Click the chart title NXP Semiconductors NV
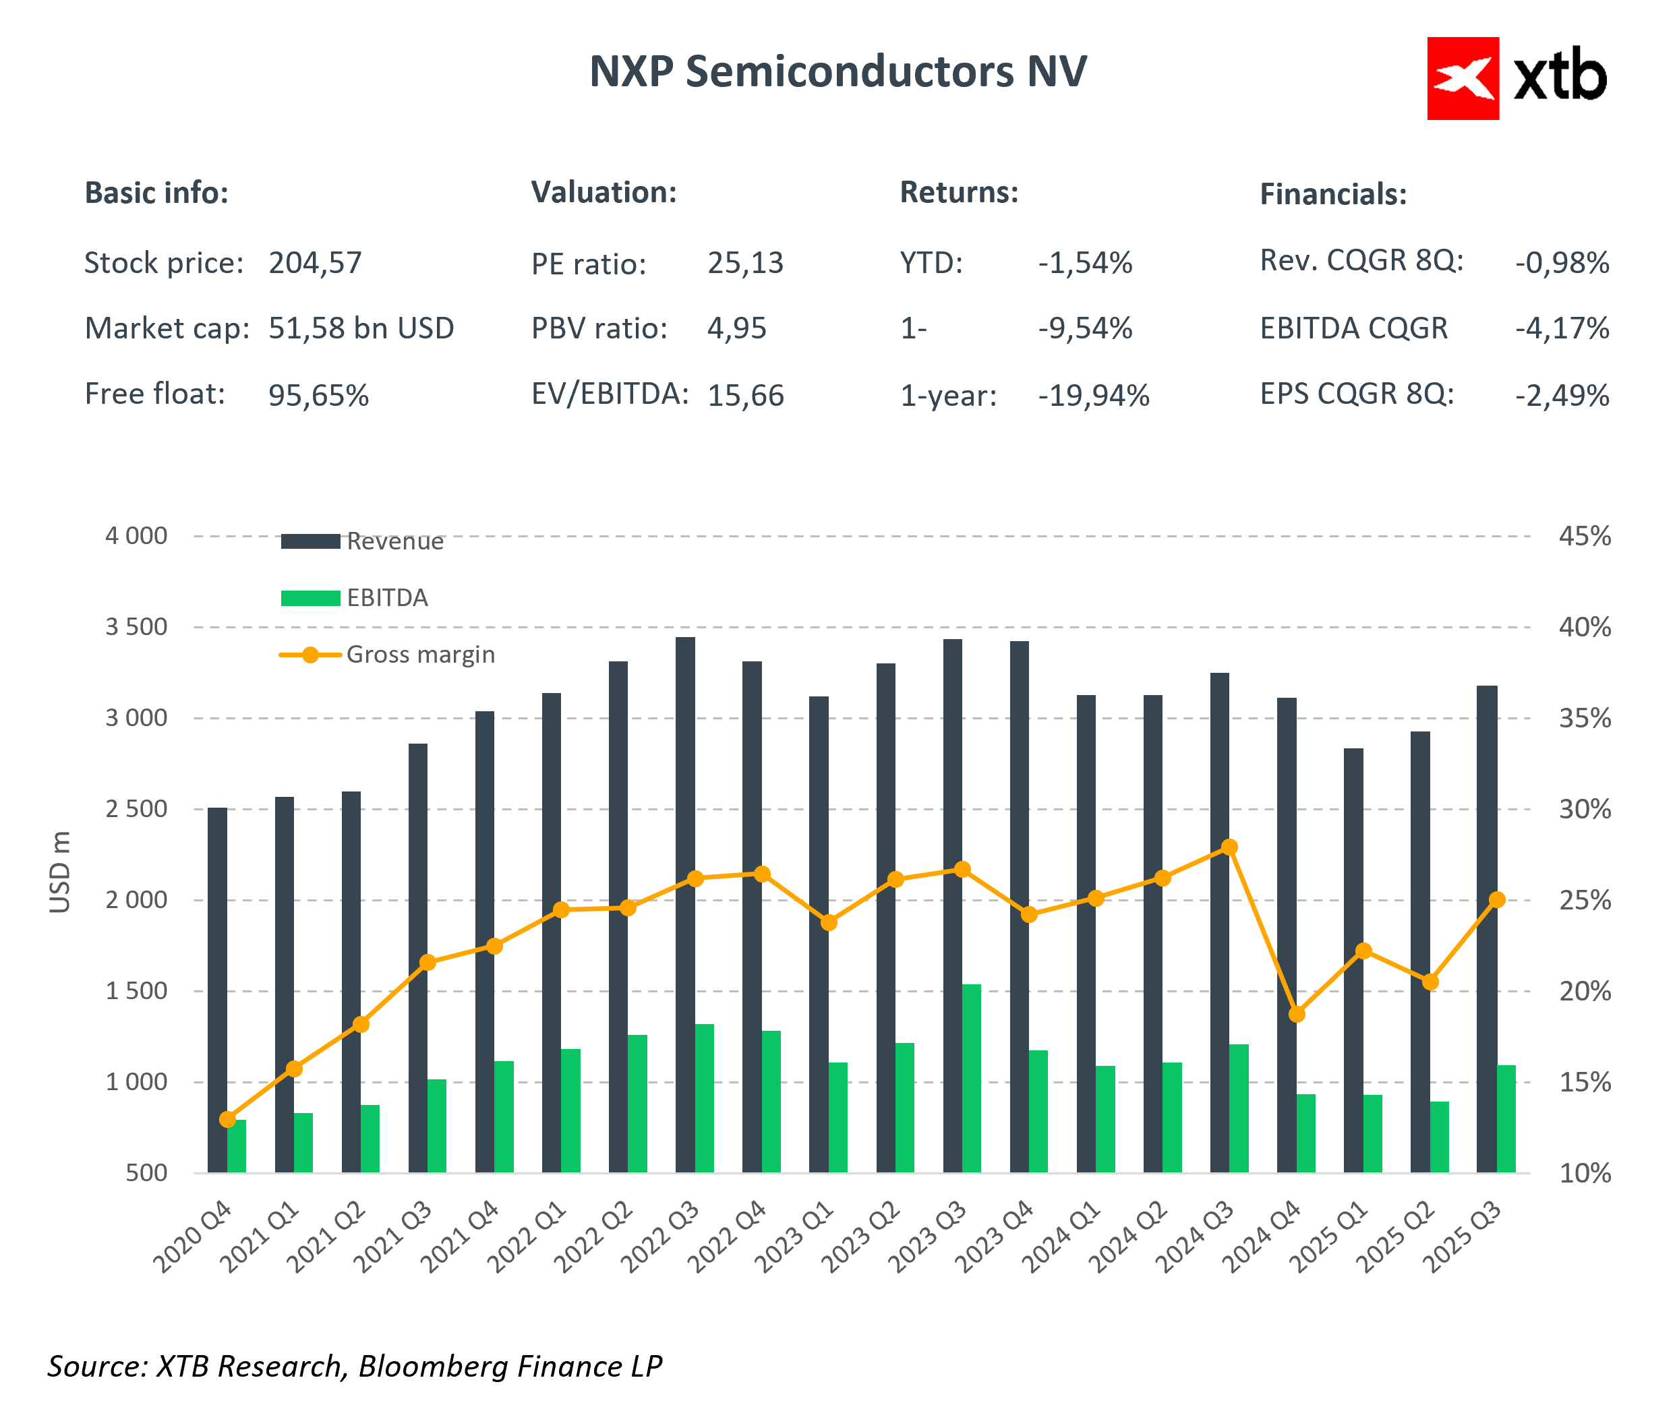(837, 72)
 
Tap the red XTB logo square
(1462, 78)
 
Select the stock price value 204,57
(315, 263)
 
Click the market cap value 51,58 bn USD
(361, 328)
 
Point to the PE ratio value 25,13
(745, 263)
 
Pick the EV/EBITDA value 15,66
(745, 395)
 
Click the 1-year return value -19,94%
(1093, 395)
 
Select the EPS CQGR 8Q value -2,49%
(1562, 395)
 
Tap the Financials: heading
(1333, 194)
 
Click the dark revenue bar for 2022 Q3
(685, 902)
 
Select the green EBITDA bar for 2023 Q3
(971, 1078)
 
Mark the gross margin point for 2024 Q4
(1297, 1014)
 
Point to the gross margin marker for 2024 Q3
(1230, 847)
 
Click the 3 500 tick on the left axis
(137, 627)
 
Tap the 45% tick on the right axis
(1585, 536)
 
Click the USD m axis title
(60, 871)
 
